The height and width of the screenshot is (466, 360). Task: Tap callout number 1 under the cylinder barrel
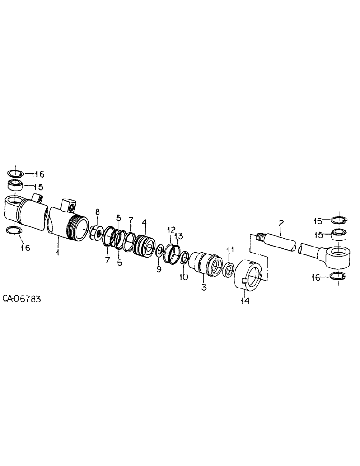pyautogui.click(x=58, y=252)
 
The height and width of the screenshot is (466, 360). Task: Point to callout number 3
pyautogui.click(x=204, y=288)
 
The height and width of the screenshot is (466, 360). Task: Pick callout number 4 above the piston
pyautogui.click(x=145, y=223)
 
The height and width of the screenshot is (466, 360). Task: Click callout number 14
pyautogui.click(x=245, y=301)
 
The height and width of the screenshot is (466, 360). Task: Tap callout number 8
pyautogui.click(x=97, y=212)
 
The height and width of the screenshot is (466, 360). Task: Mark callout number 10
pyautogui.click(x=184, y=277)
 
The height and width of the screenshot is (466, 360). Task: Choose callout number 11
pyautogui.click(x=229, y=249)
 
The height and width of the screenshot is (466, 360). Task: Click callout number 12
pyautogui.click(x=171, y=229)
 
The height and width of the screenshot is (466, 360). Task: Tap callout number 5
pyautogui.click(x=118, y=217)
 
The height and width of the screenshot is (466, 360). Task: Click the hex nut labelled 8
pyautogui.click(x=96, y=231)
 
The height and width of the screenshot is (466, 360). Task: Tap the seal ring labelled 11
pyautogui.click(x=229, y=270)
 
